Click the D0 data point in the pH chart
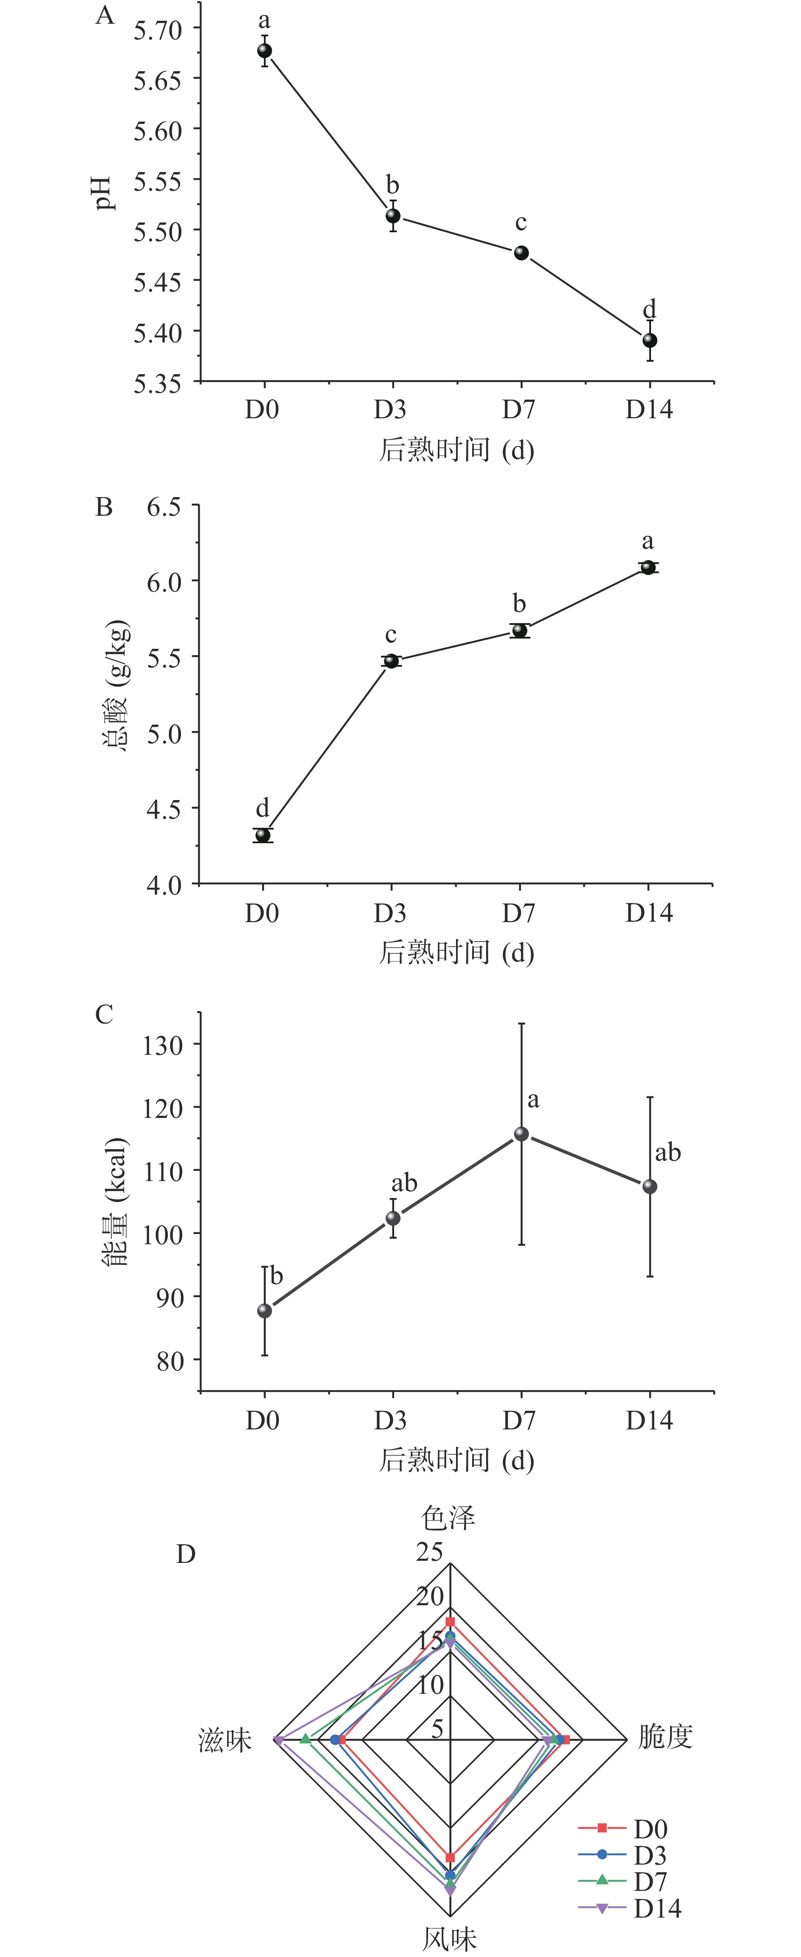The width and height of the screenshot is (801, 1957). click(264, 51)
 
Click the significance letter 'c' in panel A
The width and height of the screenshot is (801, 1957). click(520, 223)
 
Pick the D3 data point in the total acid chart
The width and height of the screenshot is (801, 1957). click(391, 661)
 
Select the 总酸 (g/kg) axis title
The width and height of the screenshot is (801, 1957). click(116, 685)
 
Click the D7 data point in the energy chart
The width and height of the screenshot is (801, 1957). click(521, 1134)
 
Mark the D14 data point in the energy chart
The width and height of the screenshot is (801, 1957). click(650, 1187)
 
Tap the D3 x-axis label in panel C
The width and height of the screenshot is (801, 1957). click(391, 1420)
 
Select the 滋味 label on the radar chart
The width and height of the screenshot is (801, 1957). click(225, 1740)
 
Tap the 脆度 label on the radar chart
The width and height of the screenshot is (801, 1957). click(665, 1737)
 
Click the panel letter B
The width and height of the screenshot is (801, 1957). click(104, 507)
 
